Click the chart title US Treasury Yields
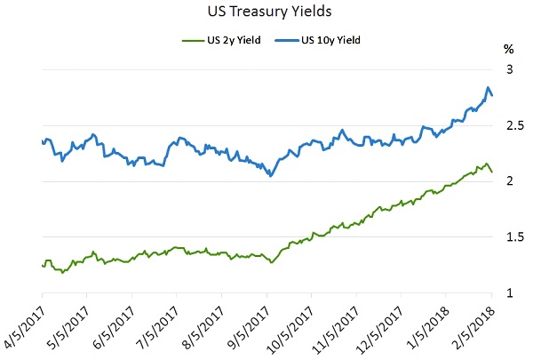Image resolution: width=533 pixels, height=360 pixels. pos(266,12)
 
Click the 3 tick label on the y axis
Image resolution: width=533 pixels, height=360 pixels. pos(510,69)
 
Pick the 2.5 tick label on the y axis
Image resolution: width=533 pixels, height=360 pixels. pos(510,125)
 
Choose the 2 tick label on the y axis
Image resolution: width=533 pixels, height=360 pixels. pos(510,181)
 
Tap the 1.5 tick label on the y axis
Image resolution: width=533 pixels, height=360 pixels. pos(510,237)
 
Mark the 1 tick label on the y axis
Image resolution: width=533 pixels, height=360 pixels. pos(510,293)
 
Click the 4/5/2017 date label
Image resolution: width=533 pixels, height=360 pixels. pos(25,324)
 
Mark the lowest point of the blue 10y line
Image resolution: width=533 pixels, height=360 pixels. pos(269,176)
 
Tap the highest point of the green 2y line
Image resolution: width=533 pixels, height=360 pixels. pos(485,164)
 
